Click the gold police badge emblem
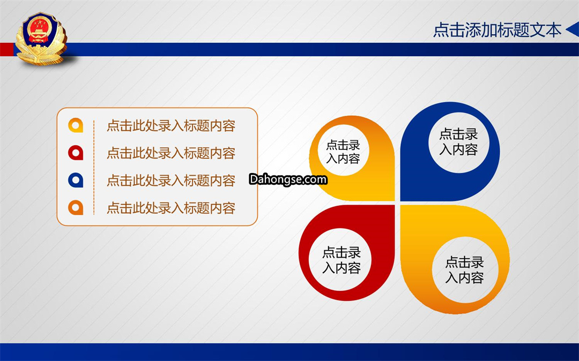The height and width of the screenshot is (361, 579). click(41, 39)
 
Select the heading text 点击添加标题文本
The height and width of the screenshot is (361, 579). click(497, 30)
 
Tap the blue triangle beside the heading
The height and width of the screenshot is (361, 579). click(573, 29)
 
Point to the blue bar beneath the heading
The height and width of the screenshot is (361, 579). click(321, 49)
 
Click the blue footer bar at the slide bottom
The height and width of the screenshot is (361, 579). click(289, 352)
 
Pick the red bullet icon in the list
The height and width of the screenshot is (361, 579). click(76, 153)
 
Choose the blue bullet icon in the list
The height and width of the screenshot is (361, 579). click(76, 180)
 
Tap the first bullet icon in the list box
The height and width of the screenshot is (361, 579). click(76, 125)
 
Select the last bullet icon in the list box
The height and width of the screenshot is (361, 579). click(76, 208)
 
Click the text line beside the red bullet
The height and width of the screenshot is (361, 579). click(171, 153)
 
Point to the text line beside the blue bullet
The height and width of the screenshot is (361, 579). click(171, 180)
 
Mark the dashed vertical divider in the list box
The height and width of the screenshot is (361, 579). click(94, 167)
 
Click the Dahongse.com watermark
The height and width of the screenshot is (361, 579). click(288, 179)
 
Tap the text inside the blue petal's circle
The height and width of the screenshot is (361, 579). click(458, 141)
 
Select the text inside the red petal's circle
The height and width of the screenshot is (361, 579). click(342, 260)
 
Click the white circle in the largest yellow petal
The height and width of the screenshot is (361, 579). click(465, 270)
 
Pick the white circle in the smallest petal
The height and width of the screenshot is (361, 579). click(344, 151)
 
